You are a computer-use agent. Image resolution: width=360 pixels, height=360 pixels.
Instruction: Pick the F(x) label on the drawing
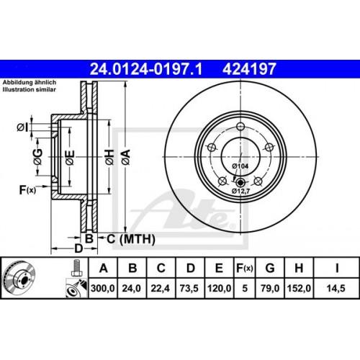(x=27, y=190)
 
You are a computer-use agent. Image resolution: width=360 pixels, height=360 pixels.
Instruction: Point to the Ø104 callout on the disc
(x=240, y=166)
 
